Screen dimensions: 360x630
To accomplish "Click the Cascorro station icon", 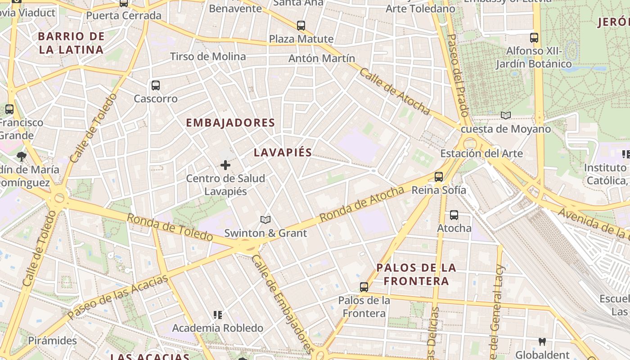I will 156,85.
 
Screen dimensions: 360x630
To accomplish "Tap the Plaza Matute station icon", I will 301,26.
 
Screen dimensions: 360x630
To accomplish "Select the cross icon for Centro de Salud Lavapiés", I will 225,166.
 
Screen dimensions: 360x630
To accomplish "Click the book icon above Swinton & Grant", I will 265,220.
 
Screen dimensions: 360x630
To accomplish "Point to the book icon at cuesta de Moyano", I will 506,116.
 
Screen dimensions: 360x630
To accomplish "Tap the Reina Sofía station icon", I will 439,177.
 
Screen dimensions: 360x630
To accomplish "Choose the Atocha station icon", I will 454,215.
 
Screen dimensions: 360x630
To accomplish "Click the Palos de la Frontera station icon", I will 364,287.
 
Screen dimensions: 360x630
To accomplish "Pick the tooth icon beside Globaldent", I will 542,342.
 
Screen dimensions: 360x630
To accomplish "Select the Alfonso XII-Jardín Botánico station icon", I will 534,38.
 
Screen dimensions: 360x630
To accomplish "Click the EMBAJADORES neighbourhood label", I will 230,122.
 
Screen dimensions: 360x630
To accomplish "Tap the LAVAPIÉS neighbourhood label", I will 283,153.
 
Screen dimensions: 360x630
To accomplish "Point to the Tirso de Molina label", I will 208,57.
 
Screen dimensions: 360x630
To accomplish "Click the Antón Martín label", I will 321,58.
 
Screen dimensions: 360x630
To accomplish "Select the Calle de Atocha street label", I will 395,92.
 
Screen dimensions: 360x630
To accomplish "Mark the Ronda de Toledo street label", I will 170,227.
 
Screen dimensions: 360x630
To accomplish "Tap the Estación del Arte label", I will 481,153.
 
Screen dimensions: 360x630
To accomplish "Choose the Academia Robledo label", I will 218,328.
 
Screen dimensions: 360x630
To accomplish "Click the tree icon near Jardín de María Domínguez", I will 21,157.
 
